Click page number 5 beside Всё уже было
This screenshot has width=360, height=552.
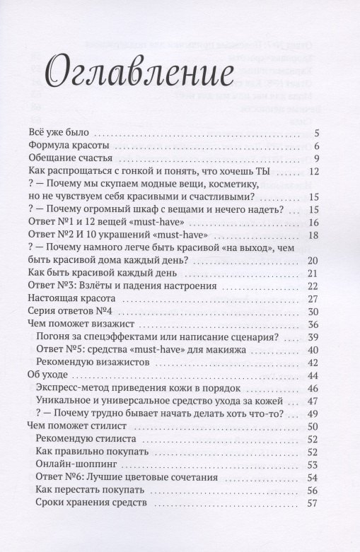tap(318, 133)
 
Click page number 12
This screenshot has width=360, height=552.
tap(315, 171)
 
